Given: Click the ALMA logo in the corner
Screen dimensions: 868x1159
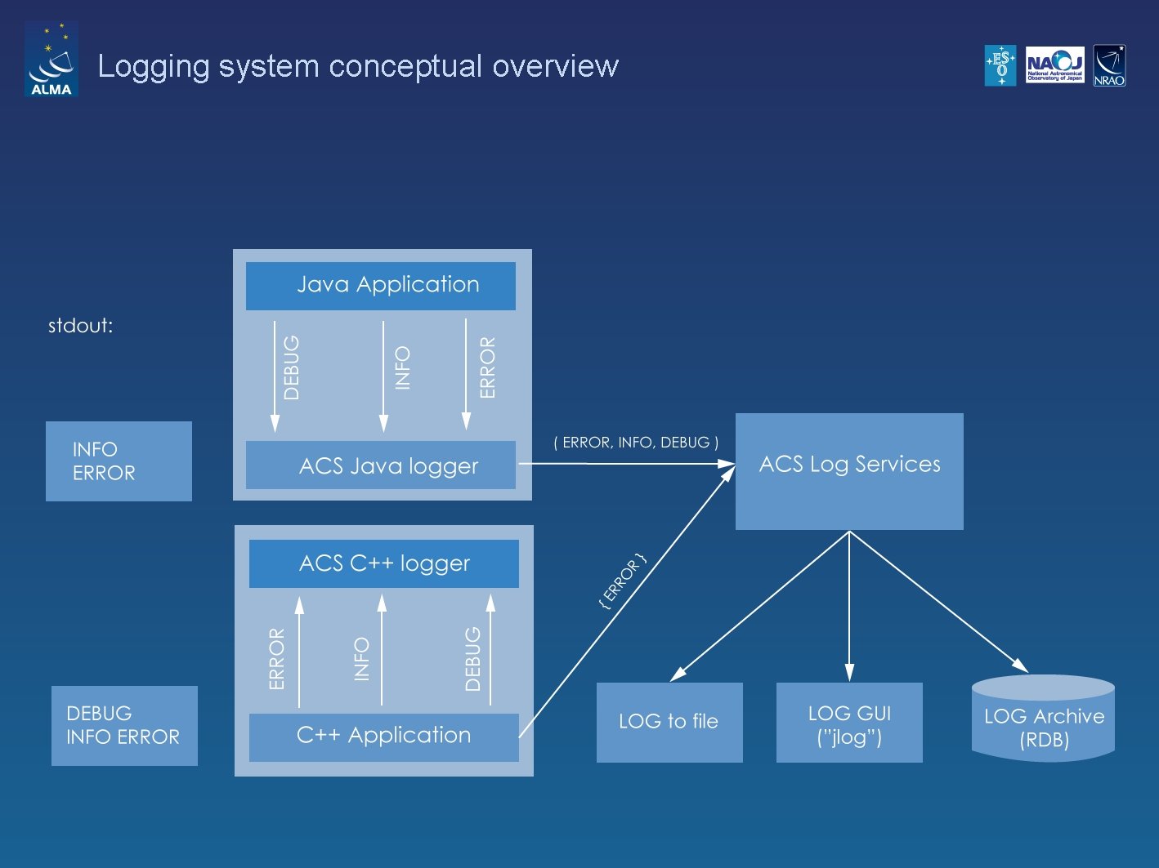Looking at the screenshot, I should tap(51, 60).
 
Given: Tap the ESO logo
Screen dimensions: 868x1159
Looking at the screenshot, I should tap(1000, 65).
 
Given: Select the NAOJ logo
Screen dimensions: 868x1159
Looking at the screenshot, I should tap(1054, 65).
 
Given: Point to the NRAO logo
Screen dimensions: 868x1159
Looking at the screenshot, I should tap(1109, 65).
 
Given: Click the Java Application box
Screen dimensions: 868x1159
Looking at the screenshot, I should tap(381, 286).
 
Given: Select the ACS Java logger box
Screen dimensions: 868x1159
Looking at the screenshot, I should tap(381, 465).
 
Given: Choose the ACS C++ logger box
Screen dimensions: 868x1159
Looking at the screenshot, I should tap(384, 563).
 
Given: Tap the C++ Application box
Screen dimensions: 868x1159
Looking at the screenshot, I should tap(384, 737).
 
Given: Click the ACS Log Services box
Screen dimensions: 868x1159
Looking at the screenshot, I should tap(849, 471).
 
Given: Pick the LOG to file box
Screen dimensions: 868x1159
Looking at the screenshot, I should tap(669, 722).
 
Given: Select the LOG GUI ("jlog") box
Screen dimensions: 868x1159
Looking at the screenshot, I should tap(849, 723).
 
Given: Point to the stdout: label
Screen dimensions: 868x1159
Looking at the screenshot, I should tap(80, 326).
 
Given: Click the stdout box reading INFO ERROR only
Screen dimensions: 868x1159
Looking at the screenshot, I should tap(119, 461).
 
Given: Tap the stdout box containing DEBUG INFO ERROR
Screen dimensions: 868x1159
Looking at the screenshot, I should tap(124, 725).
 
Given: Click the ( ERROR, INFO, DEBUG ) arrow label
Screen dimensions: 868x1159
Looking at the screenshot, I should tap(636, 443).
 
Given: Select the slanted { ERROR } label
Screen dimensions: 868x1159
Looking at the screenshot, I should tap(623, 581).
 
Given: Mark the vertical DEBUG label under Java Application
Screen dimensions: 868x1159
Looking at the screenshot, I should tap(292, 367).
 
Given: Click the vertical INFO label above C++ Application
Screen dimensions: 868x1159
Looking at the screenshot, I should tap(362, 659).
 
